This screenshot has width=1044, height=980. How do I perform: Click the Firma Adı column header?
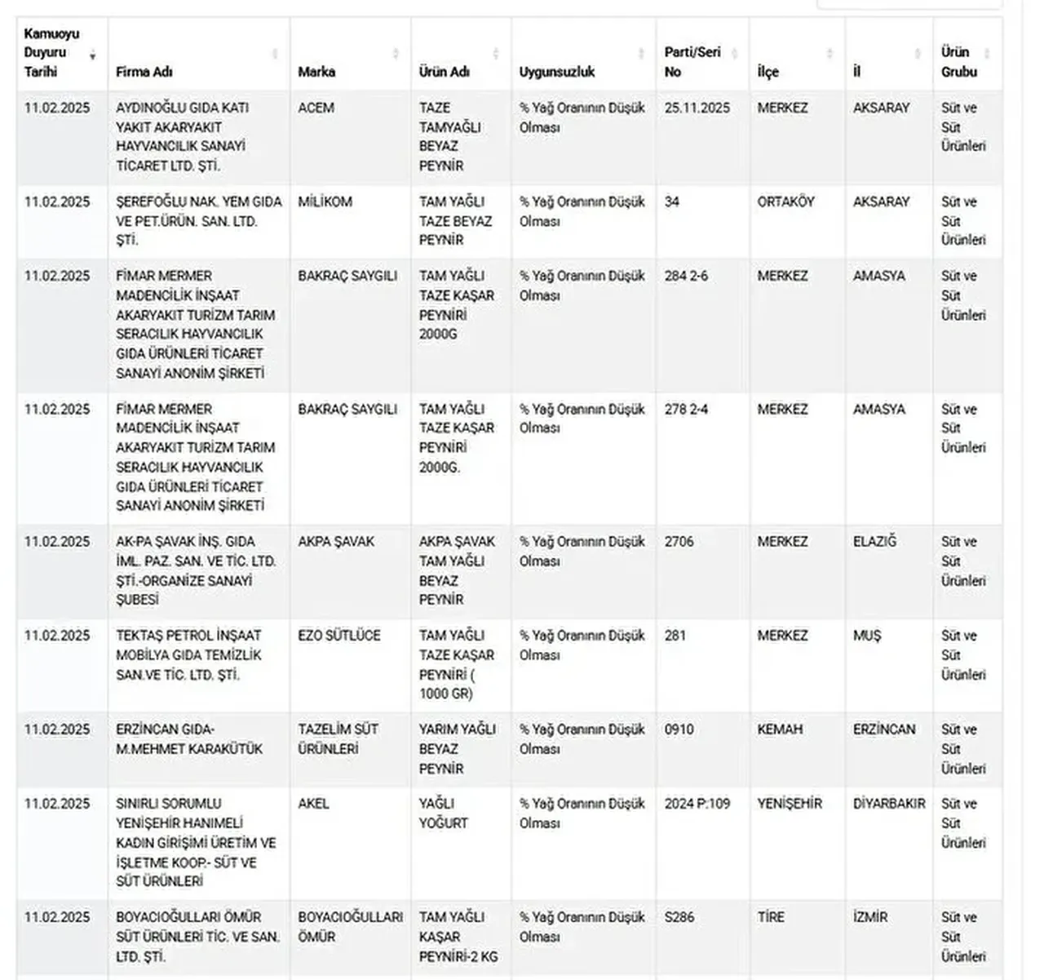(x=144, y=72)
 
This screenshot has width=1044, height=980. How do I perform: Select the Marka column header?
(x=316, y=72)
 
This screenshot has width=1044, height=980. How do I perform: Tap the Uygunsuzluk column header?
(x=557, y=72)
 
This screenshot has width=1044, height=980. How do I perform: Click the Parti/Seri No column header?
(x=692, y=61)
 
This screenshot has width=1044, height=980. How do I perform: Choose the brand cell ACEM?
(x=316, y=108)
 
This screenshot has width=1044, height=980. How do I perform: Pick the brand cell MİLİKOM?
(x=325, y=202)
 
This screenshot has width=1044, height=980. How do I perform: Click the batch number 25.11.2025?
(x=697, y=108)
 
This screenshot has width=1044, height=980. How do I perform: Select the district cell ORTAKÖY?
(x=785, y=202)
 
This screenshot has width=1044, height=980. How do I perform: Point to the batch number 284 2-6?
(x=686, y=276)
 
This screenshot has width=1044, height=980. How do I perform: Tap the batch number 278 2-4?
(x=686, y=409)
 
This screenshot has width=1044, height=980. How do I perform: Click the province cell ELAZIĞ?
(x=874, y=542)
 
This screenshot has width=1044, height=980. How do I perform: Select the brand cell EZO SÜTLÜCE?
(x=339, y=636)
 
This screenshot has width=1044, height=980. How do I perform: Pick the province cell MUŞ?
(x=867, y=636)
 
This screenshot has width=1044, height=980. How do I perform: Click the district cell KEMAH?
(x=780, y=729)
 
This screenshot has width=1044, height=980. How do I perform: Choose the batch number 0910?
(x=679, y=729)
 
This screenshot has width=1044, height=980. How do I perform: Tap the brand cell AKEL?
(x=313, y=804)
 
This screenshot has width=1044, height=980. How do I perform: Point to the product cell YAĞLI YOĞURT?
(x=443, y=814)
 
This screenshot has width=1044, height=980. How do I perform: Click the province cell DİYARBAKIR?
(x=889, y=804)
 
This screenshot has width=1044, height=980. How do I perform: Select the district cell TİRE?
(x=770, y=917)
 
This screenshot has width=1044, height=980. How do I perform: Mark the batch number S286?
(x=679, y=917)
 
